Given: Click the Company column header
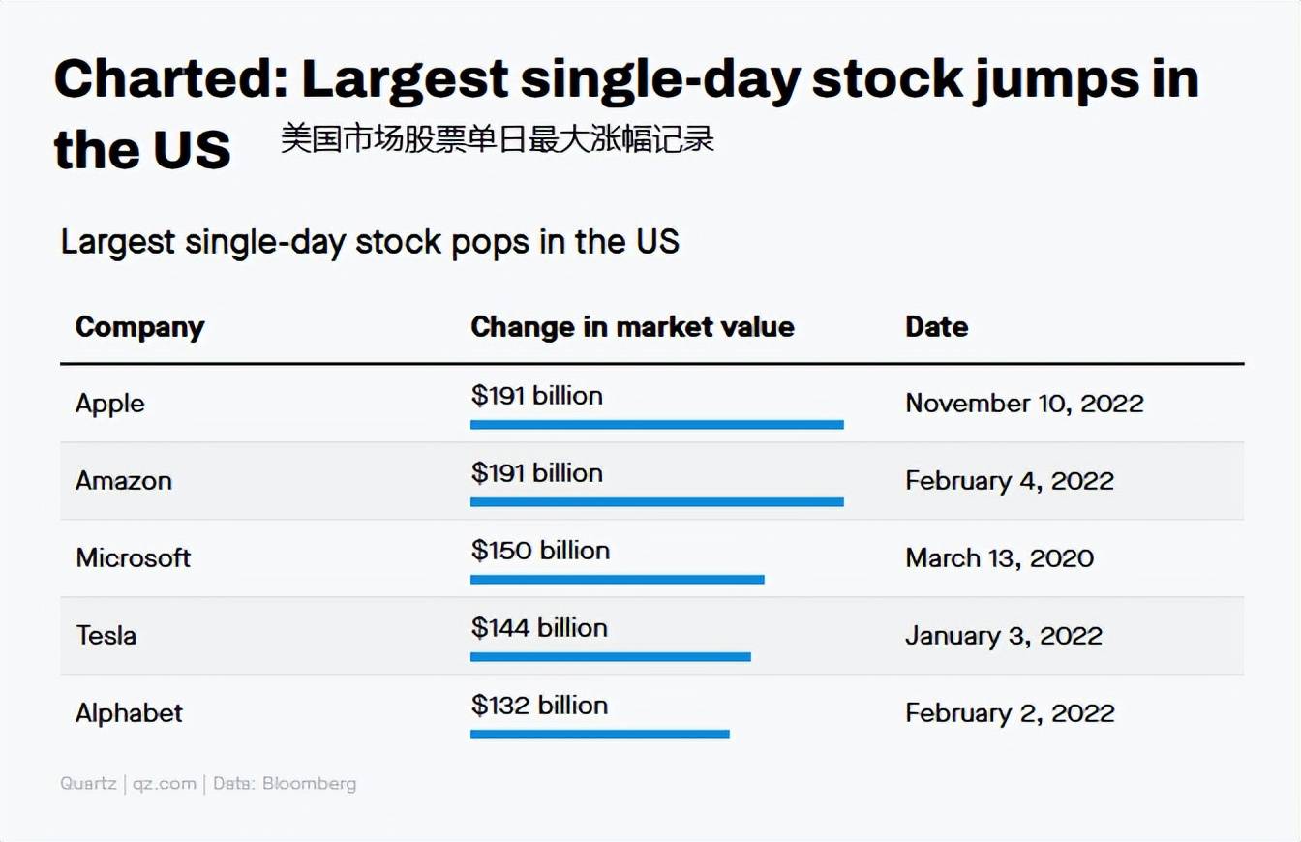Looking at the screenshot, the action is click(x=140, y=328).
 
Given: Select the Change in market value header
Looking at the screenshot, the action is click(x=632, y=326).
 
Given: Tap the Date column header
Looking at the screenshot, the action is click(x=937, y=326).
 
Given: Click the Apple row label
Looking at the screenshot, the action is click(x=109, y=405).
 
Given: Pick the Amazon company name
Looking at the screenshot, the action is click(x=124, y=481).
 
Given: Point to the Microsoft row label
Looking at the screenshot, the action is click(x=133, y=558).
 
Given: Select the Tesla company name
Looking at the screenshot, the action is click(x=106, y=635).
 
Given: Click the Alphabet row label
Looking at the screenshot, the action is click(x=129, y=712).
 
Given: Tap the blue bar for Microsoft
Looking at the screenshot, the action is click(x=618, y=580).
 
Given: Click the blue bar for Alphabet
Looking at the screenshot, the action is click(x=600, y=735).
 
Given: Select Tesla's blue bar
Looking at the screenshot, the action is click(x=611, y=657).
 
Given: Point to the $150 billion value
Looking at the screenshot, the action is click(x=541, y=551).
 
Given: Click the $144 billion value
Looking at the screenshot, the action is click(x=539, y=628).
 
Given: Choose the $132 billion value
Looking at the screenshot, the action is click(x=539, y=705).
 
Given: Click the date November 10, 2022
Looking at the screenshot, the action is click(x=1024, y=404).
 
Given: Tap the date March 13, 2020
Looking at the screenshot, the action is click(x=1000, y=558).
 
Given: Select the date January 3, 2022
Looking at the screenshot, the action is click(x=1004, y=636).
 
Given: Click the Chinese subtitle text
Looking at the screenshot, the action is click(x=498, y=138).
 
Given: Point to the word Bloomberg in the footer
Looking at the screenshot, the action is click(x=309, y=784).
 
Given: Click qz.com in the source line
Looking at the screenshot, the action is click(x=165, y=785).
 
